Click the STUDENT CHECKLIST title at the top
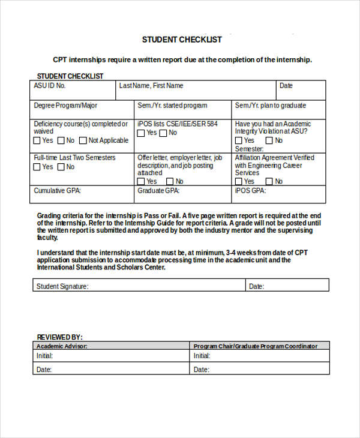tap(182, 40)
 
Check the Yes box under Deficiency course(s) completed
tap(37, 140)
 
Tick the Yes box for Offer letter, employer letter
tap(142, 181)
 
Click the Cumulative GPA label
tap(57, 191)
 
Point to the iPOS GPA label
tap(250, 191)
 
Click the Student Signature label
tap(62, 286)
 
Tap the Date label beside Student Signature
tap(256, 286)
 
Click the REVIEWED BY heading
tap(60, 337)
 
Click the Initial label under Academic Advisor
tap(44, 356)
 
